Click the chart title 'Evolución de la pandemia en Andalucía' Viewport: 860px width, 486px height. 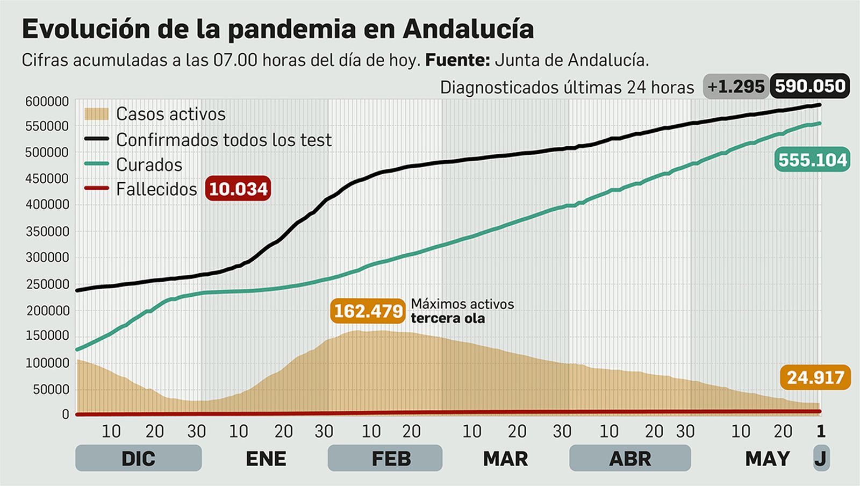tap(277, 29)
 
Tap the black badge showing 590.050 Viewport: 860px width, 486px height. tap(810, 86)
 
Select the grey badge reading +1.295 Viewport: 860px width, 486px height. tap(735, 87)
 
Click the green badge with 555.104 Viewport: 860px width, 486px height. tap(812, 160)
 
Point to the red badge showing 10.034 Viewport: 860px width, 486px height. tap(238, 189)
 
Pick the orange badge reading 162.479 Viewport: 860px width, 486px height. tap(368, 311)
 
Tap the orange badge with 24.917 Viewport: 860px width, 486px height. tap(815, 377)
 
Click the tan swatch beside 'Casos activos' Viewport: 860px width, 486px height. tap(96, 114)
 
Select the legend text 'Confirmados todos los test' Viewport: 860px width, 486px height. tap(224, 140)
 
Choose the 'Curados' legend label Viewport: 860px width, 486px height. tap(149, 165)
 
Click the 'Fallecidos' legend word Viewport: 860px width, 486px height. tap(156, 189)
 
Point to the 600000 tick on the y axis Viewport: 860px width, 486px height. tap(47, 101)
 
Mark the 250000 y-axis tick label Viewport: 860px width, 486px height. tap(47, 284)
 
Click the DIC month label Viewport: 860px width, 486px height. tap(138, 459)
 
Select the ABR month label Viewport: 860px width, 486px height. tap(630, 459)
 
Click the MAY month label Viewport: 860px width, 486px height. tap(767, 459)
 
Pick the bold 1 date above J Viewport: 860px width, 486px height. tap(821, 431)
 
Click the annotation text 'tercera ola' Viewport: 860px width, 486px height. tap(448, 318)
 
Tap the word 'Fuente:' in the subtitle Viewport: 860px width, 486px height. tap(457, 60)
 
